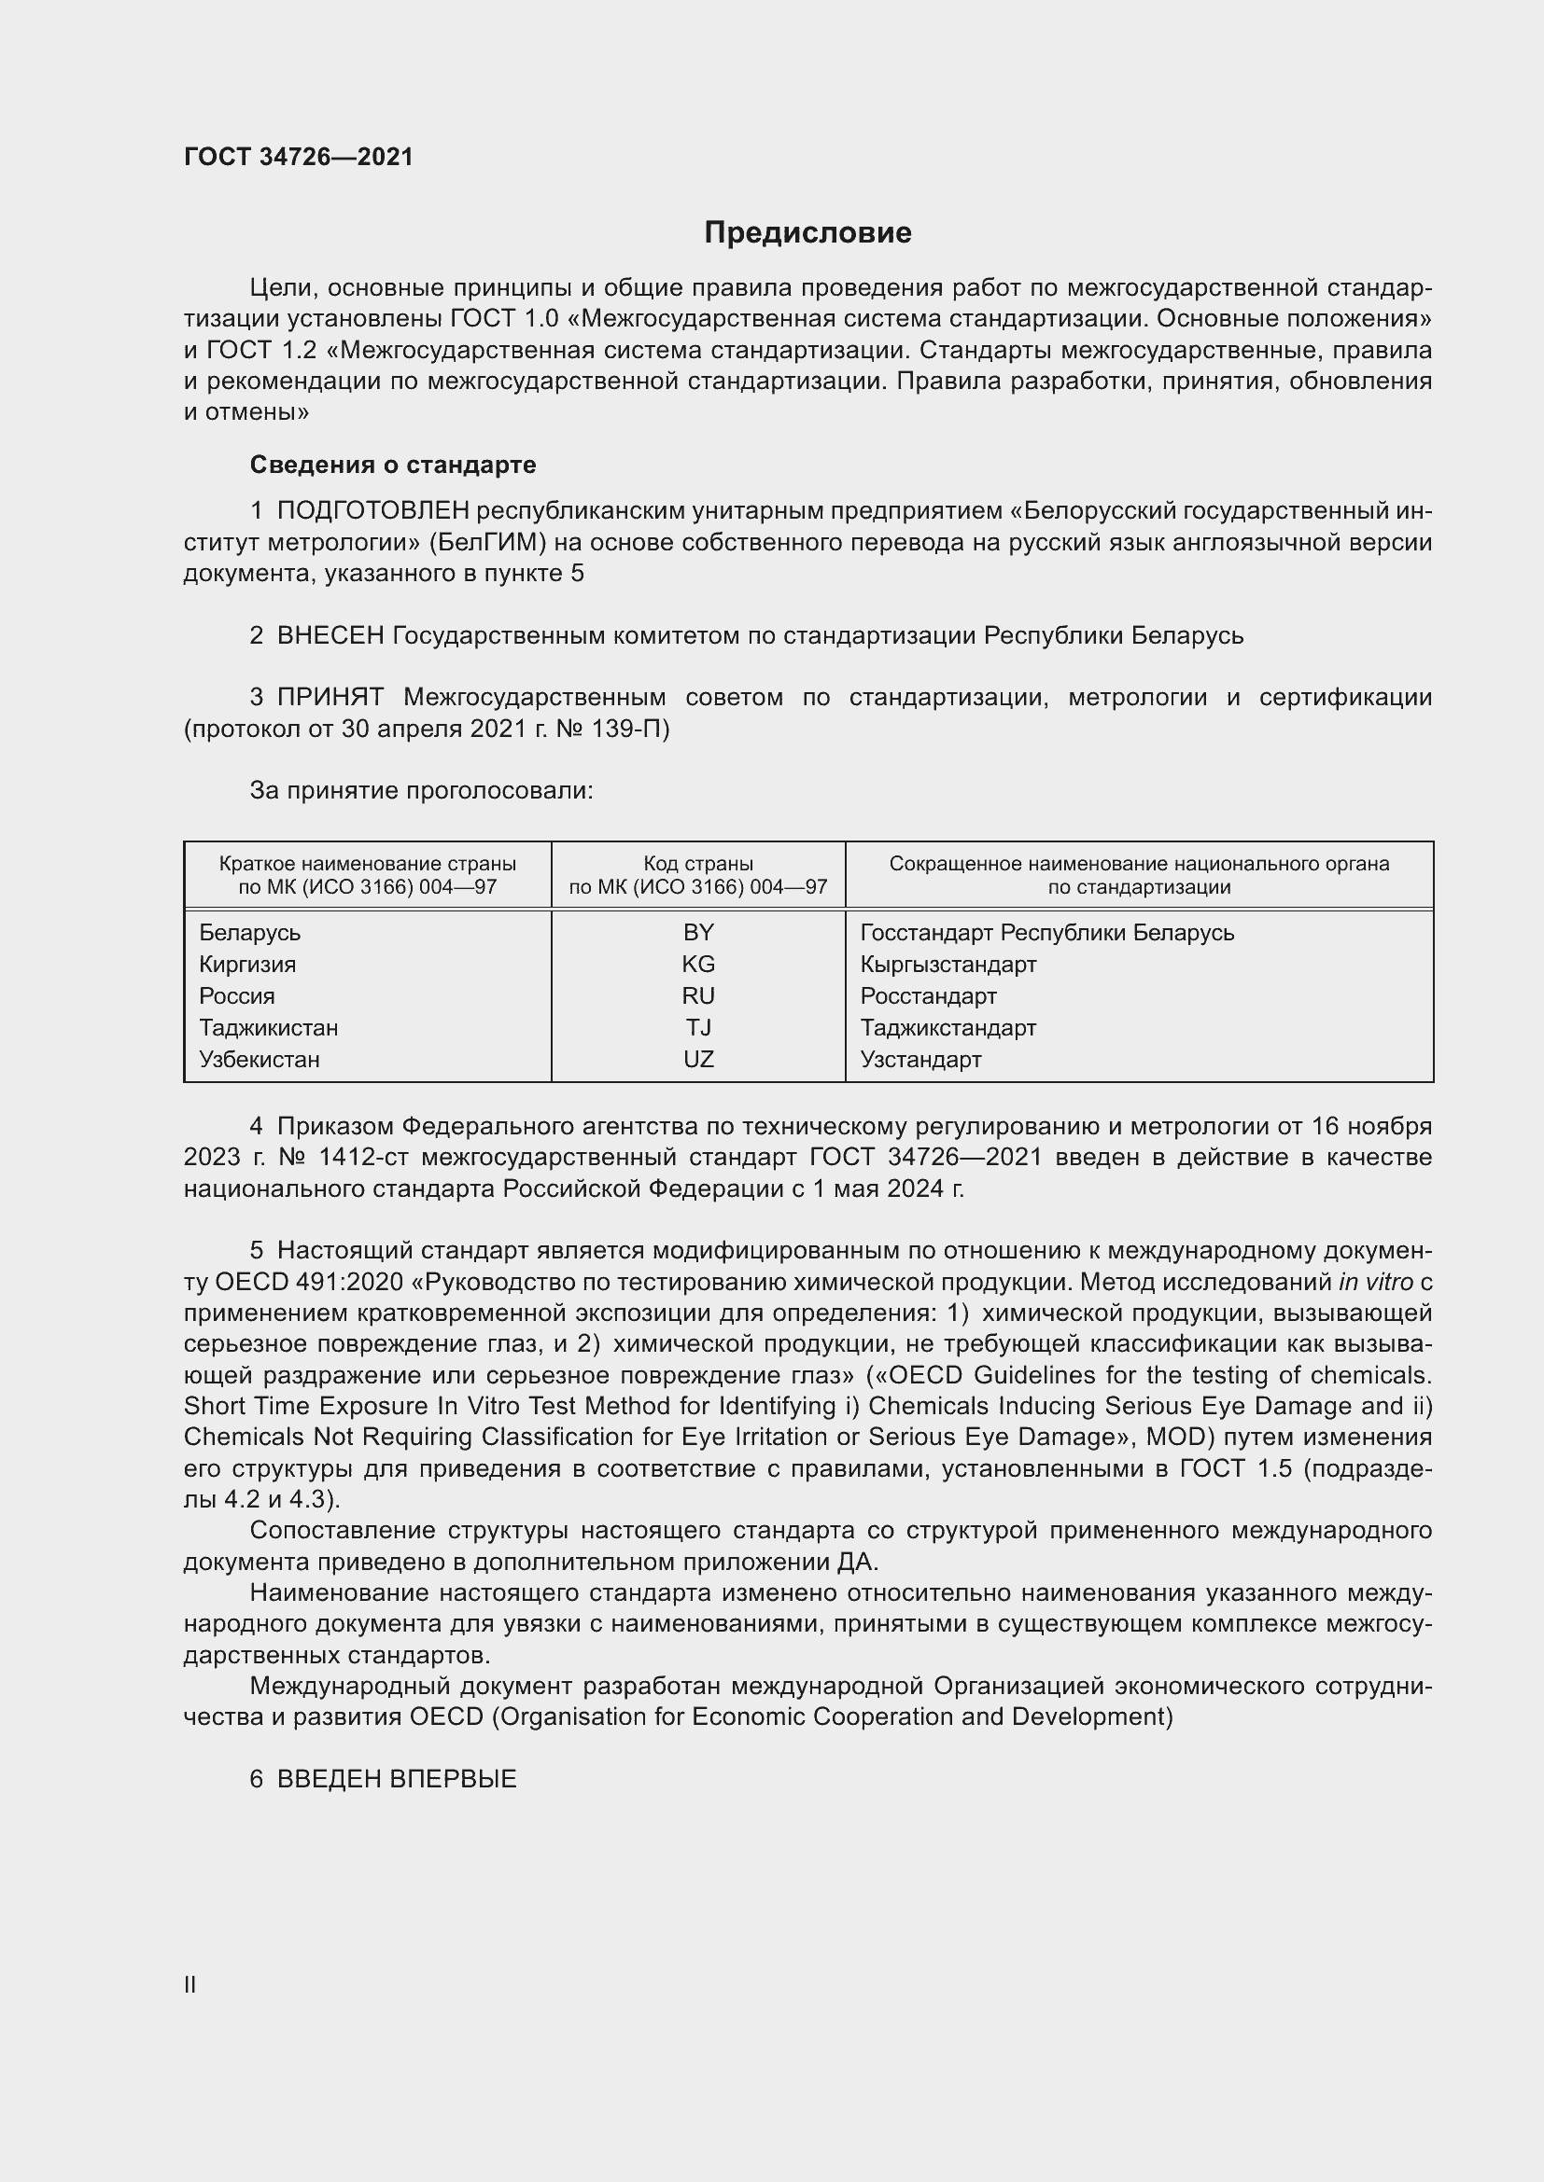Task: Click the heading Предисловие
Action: pos(807,233)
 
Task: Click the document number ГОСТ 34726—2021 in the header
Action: pos(299,157)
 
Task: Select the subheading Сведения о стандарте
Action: pos(393,465)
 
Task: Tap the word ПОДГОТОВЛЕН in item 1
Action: pos(372,511)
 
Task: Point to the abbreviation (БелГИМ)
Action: pos(482,543)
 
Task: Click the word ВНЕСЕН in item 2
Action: pos(330,635)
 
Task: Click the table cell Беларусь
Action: pos(249,933)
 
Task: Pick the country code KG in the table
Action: pos(698,965)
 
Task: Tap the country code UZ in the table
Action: pos(698,1060)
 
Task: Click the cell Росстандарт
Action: pos(928,996)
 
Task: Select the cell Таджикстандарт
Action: pos(947,1028)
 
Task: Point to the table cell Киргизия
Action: pos(247,965)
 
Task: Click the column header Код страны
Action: pos(698,864)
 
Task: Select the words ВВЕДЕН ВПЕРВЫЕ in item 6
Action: pos(397,1779)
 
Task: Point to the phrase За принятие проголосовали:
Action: pos(421,791)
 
